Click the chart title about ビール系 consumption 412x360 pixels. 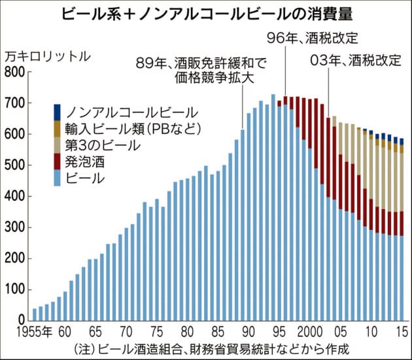coord(207,13)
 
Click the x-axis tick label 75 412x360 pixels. coord(157,332)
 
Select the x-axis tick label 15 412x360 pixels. coord(400,332)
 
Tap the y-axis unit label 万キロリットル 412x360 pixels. coord(48,56)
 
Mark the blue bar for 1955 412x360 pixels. coord(35,314)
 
